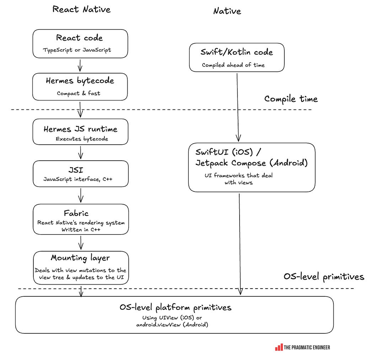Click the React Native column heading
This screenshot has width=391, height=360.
[x=81, y=10]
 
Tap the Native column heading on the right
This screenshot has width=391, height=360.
[x=227, y=11]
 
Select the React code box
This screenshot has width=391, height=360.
[x=80, y=44]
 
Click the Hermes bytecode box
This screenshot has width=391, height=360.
[x=80, y=87]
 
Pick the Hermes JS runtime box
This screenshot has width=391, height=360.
[x=80, y=132]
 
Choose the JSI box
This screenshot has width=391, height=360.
[x=81, y=174]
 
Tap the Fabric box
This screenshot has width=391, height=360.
[x=81, y=219]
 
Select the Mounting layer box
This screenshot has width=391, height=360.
[x=81, y=268]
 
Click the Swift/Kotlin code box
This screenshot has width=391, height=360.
[x=237, y=57]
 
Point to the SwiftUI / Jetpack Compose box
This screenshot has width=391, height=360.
[x=252, y=167]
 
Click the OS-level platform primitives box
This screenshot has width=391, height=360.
[x=174, y=315]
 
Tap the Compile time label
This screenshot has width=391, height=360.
[x=291, y=99]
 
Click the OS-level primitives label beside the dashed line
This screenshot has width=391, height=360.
[x=324, y=277]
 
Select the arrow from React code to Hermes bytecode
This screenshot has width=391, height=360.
[x=80, y=65]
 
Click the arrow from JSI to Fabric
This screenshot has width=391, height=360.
[x=81, y=195]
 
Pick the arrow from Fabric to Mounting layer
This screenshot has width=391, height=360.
[x=81, y=243]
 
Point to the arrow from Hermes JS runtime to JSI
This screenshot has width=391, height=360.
[x=81, y=152]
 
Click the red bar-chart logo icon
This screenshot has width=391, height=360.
[x=279, y=347]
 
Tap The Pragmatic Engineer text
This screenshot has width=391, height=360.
[x=307, y=347]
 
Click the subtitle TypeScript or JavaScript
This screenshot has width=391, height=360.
[x=77, y=50]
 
